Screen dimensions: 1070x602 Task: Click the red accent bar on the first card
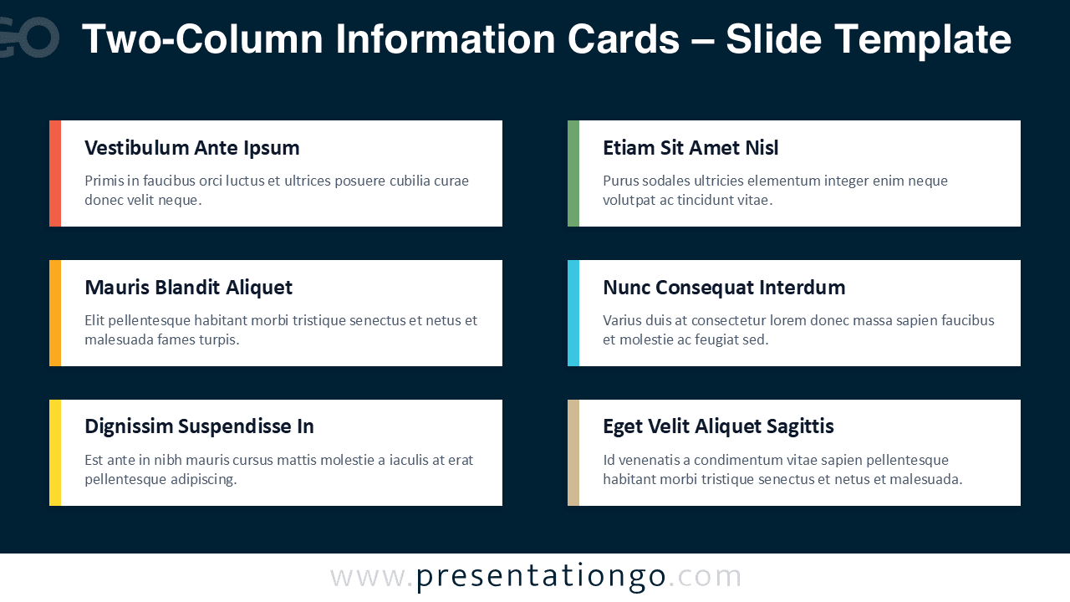55,173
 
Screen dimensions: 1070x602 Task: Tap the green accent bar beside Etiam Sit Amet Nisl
573,173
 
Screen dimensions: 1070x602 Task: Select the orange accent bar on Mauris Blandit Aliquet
55,313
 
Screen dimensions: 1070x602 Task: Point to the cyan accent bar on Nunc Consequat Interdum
573,313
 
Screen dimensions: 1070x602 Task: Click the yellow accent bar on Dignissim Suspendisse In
55,452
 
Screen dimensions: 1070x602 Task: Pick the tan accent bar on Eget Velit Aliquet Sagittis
573,452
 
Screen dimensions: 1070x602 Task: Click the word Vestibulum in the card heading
137,148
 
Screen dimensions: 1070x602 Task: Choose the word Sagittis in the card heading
800,426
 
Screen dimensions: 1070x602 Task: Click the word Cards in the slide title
624,39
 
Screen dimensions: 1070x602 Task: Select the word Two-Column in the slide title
202,39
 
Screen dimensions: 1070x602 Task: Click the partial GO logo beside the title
29,38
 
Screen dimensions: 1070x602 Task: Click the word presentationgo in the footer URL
541,577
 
